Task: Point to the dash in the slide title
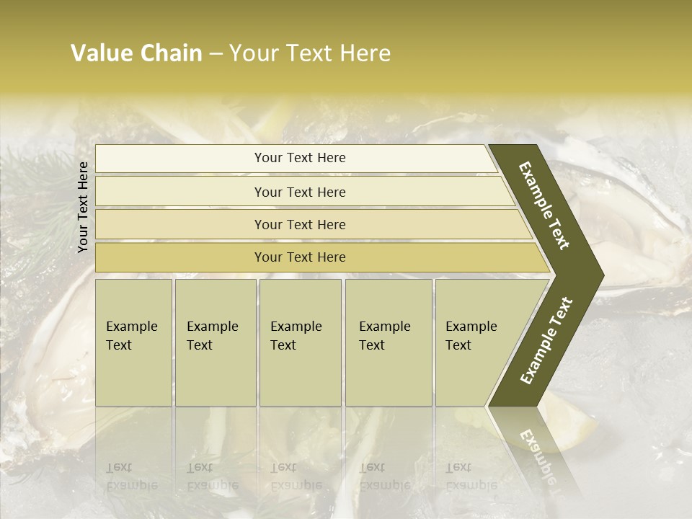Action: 216,54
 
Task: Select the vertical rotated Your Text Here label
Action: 83,208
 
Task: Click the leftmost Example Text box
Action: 133,342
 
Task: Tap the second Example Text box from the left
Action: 216,342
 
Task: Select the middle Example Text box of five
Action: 300,342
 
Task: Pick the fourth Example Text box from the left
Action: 389,342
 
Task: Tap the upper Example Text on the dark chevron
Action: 544,205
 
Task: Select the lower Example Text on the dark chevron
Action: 546,341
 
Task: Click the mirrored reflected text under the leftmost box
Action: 131,476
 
